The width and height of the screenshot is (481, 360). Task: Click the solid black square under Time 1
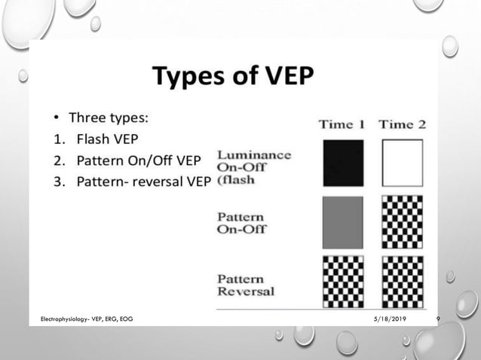click(x=343, y=163)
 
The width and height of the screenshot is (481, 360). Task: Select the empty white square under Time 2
click(x=403, y=163)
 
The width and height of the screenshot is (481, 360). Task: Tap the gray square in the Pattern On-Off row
click(x=343, y=222)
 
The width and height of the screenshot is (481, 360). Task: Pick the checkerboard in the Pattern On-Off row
click(x=403, y=222)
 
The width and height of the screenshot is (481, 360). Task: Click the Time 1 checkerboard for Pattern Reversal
click(x=343, y=282)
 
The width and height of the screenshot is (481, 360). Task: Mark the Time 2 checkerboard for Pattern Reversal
click(x=403, y=282)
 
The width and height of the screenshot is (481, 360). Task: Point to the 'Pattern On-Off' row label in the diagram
click(x=242, y=223)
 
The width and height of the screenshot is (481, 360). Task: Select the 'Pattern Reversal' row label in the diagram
click(x=247, y=285)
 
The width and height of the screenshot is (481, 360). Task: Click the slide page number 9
click(x=438, y=319)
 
